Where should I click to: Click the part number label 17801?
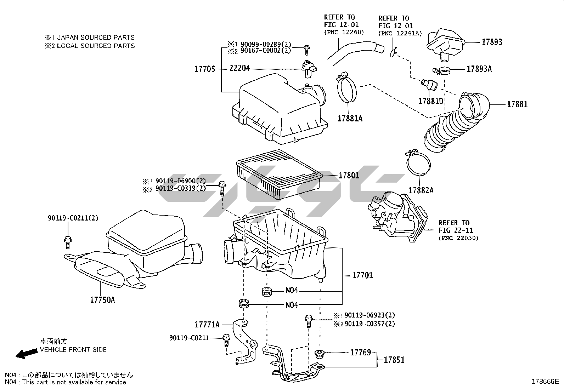click(x=349, y=175)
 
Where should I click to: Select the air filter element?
click(x=279, y=174)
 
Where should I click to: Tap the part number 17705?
click(x=204, y=69)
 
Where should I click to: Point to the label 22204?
click(x=239, y=68)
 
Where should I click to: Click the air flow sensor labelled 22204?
click(x=308, y=68)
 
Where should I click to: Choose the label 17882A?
click(x=421, y=190)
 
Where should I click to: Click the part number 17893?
click(x=492, y=42)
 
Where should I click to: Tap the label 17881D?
click(x=431, y=101)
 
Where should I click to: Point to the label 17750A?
click(x=102, y=300)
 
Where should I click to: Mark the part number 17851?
click(x=394, y=360)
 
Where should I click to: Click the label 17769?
click(x=361, y=353)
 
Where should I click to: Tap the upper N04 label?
click(x=292, y=291)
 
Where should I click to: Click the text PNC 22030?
click(x=459, y=238)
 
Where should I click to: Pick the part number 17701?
click(x=362, y=275)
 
